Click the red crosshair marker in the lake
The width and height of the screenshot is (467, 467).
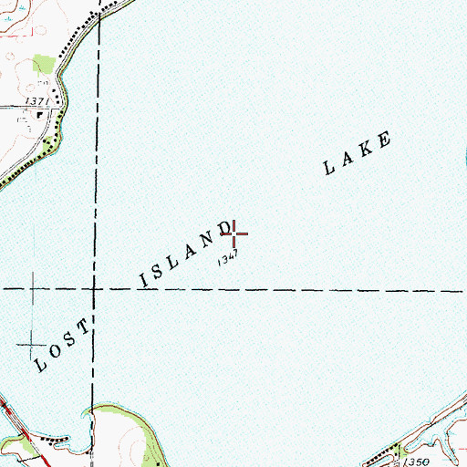click(x=234, y=234)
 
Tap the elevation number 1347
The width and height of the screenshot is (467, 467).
click(x=228, y=261)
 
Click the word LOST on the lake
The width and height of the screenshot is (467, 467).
click(x=65, y=346)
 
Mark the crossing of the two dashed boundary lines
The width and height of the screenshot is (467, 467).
click(x=94, y=288)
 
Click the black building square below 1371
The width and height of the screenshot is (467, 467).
click(x=38, y=116)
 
